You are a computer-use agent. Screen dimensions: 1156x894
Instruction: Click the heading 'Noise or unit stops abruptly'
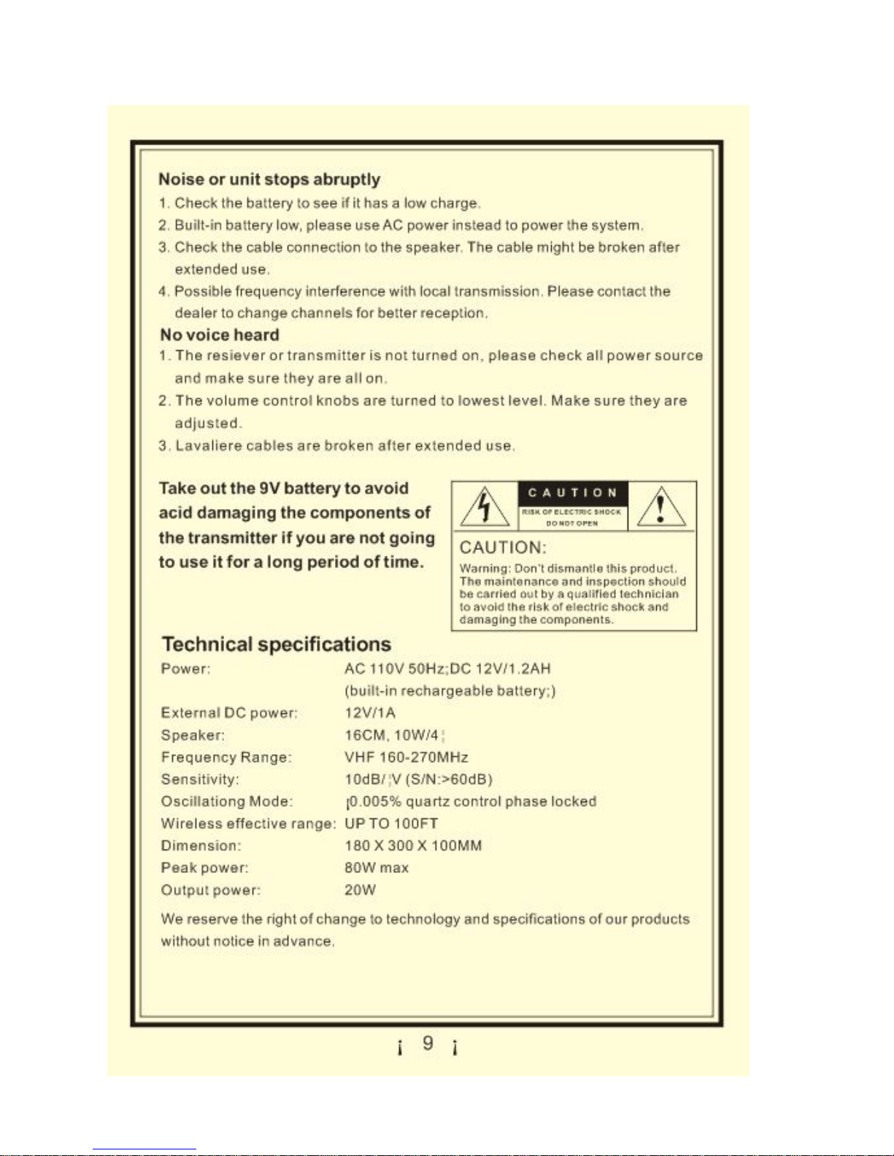(x=269, y=179)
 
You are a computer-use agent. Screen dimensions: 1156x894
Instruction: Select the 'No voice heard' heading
(x=220, y=335)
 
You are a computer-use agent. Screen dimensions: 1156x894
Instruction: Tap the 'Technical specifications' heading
(x=277, y=644)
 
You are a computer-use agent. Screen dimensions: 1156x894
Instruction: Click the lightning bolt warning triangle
(x=484, y=506)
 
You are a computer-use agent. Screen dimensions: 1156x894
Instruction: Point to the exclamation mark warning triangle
(x=661, y=506)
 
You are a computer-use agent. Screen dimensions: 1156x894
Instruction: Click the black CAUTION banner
(x=573, y=493)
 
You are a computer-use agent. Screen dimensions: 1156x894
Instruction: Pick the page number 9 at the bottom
(x=428, y=1044)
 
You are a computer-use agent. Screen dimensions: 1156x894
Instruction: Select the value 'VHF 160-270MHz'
(x=406, y=757)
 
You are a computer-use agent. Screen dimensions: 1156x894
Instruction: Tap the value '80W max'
(x=377, y=868)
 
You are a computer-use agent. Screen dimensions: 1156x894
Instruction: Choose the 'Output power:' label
(x=211, y=890)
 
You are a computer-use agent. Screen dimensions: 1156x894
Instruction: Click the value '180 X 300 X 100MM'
(x=413, y=846)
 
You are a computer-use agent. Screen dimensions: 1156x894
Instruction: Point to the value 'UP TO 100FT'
(x=391, y=823)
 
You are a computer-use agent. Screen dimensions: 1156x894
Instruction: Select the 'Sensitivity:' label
(x=200, y=780)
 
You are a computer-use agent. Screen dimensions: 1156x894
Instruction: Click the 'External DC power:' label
(x=229, y=713)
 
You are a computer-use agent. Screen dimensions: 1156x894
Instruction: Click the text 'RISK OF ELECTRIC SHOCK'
(x=571, y=512)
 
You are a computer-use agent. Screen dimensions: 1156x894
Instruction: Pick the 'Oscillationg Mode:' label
(x=227, y=802)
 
